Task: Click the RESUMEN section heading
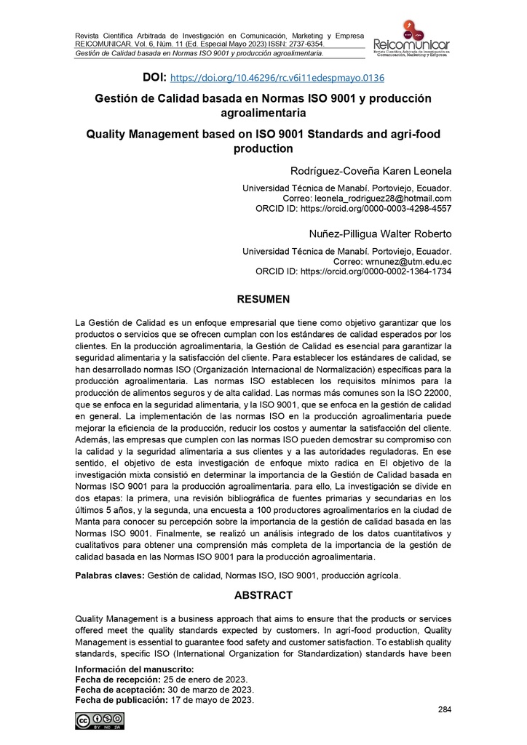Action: pyautogui.click(x=263, y=299)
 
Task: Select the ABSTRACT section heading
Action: pyautogui.click(x=263, y=594)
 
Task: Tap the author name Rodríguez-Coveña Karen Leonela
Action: pyautogui.click(x=371, y=172)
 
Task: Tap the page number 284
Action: pyautogui.click(x=445, y=709)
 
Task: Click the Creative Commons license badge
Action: pyautogui.click(x=98, y=720)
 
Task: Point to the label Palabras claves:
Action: pyautogui.click(x=110, y=575)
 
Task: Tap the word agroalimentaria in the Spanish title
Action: pyautogui.click(x=263, y=113)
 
